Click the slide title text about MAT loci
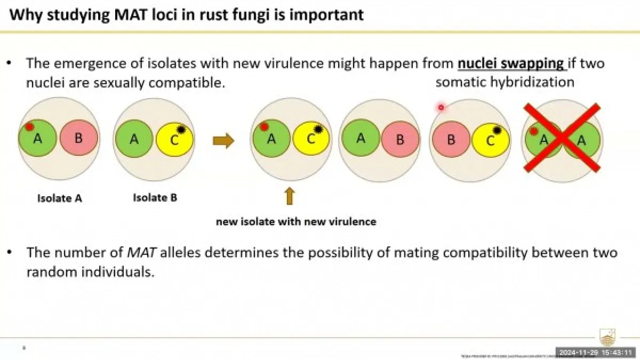tap(187, 14)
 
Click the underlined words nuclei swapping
tap(511, 63)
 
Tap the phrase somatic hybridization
tap(505, 82)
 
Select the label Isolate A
tap(59, 198)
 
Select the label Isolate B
tap(155, 197)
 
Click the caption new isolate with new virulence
tap(296, 221)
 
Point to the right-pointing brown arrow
tap(223, 141)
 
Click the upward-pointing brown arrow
tap(290, 196)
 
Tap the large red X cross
tap(562, 138)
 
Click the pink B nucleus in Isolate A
tap(78, 138)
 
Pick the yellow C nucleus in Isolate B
tap(175, 140)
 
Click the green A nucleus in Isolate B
tap(134, 139)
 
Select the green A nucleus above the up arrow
tap(271, 139)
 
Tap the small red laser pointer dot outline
tap(441, 108)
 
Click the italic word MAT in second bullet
tap(140, 251)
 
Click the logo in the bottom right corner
tap(607, 338)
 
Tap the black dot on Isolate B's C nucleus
tap(181, 129)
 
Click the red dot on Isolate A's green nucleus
tap(30, 127)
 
